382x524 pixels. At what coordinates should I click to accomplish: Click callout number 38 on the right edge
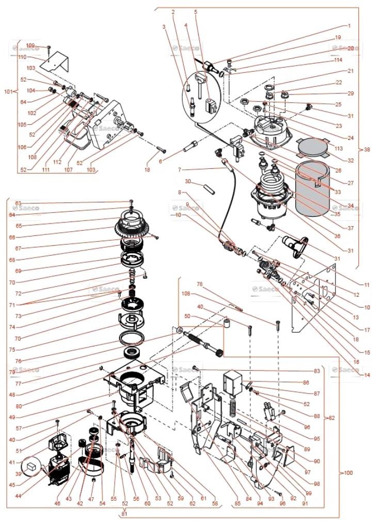tap(367, 150)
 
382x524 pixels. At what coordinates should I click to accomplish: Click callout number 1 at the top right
tap(349, 25)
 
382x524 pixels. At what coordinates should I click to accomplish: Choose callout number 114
tap(352, 60)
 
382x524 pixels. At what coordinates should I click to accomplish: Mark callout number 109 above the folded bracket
tap(30, 46)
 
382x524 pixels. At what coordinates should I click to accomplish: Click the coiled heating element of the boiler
tap(272, 183)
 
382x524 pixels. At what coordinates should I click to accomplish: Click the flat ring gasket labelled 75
tap(132, 338)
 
